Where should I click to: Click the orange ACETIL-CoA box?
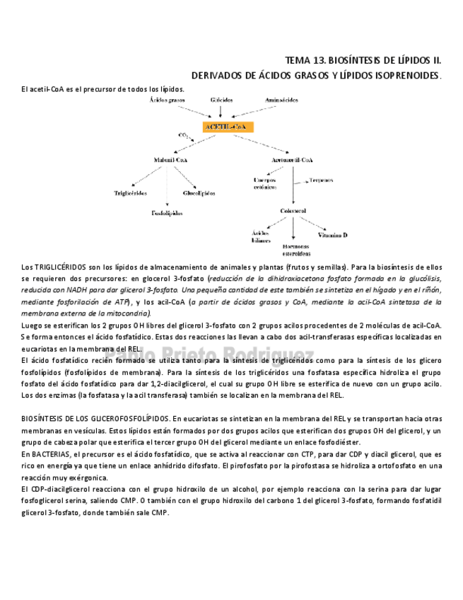pos(228,127)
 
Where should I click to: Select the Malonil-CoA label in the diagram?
pos(170,160)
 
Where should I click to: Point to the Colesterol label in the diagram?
pos(293,211)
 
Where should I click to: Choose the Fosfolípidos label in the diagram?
pos(167,212)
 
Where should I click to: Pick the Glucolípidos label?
pos(199,192)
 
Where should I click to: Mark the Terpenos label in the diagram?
pos(322,180)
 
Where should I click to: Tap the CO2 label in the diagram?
pos(183,134)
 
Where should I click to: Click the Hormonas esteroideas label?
pos(296,249)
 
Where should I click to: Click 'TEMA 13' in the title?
pos(303,61)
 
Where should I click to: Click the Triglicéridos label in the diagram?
pos(131,192)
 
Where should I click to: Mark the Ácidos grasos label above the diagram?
pos(167,100)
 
